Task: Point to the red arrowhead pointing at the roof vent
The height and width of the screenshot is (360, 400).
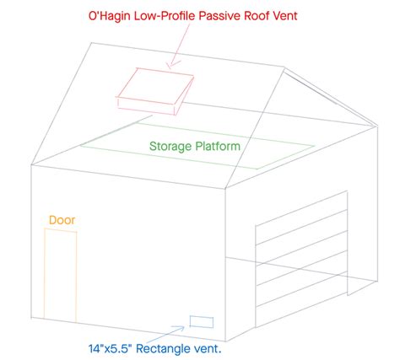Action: pos(173,65)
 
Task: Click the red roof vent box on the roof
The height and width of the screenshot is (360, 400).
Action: pos(155,91)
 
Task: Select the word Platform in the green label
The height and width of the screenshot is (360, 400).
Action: pos(218,146)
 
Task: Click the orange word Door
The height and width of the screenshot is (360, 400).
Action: pos(62,220)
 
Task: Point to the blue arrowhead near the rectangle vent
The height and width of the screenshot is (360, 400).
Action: pos(180,328)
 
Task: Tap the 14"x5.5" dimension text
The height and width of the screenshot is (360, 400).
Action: pos(110,349)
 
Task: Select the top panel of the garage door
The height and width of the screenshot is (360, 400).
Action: pos(301,218)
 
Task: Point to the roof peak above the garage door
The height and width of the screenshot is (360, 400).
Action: pos(284,67)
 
